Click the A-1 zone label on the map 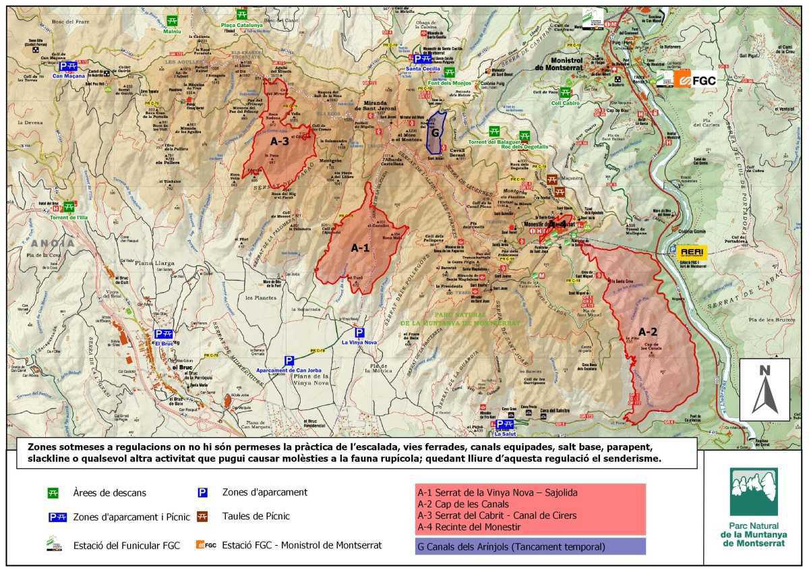click(x=360, y=248)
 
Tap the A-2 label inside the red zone click(x=647, y=332)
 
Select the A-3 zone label click(x=280, y=142)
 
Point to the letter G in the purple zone click(x=436, y=133)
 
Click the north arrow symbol click(x=765, y=389)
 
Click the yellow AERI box click(x=692, y=252)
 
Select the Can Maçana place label click(x=67, y=76)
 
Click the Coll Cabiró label click(x=565, y=103)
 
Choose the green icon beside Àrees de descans click(x=54, y=493)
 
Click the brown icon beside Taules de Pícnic click(x=202, y=517)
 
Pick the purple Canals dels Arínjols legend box click(x=530, y=546)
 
